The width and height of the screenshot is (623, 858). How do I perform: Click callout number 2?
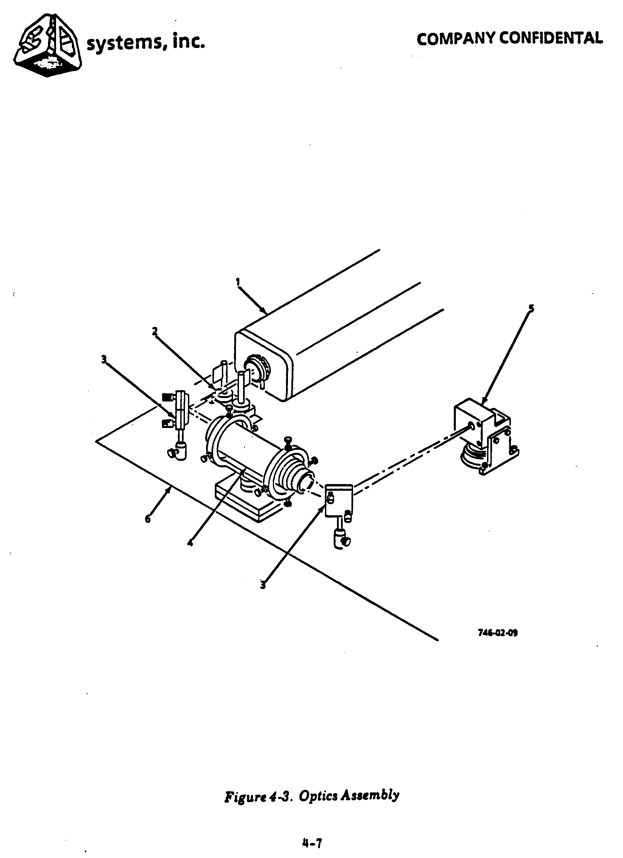(155, 331)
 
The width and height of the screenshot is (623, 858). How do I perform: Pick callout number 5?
(531, 308)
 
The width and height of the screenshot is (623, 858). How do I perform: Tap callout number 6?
(147, 519)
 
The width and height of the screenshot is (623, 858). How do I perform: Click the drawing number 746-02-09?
(497, 632)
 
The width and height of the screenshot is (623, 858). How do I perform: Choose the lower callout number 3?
(263, 585)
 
